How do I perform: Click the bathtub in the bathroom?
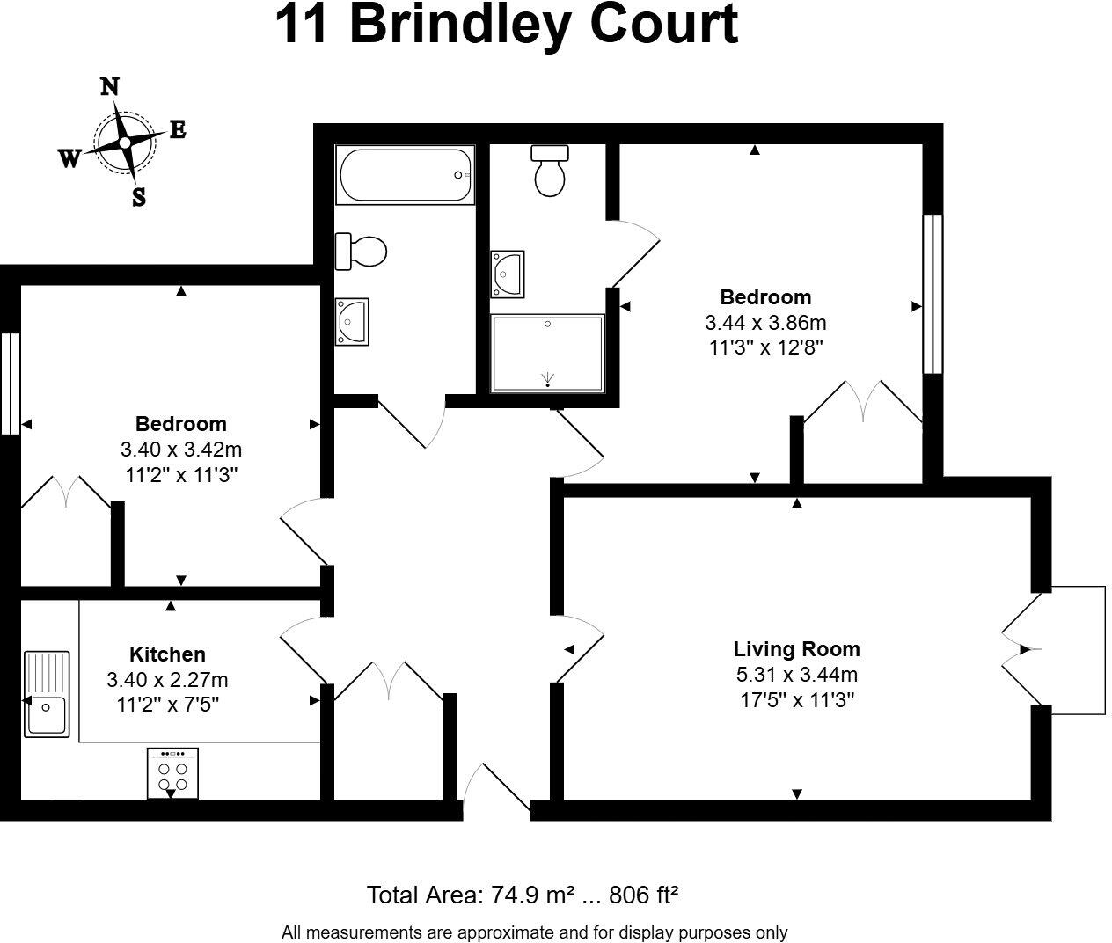pos(405,175)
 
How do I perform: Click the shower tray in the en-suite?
pos(547,354)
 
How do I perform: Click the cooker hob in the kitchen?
pos(172,773)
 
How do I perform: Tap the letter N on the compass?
pos(110,86)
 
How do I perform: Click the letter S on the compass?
pos(138,198)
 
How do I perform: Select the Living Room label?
pos(796,649)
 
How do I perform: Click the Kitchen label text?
pos(167,654)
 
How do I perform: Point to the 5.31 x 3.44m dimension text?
pos(796,675)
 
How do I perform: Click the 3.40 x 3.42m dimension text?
pos(180,450)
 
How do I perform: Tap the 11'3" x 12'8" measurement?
pos(765,347)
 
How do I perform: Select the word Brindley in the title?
pos(463,25)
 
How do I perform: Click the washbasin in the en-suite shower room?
pos(508,274)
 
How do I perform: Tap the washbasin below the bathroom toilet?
pos(351,321)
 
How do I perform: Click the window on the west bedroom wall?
pos(9,383)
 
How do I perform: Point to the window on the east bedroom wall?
pos(933,294)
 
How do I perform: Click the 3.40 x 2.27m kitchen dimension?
pos(167,679)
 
